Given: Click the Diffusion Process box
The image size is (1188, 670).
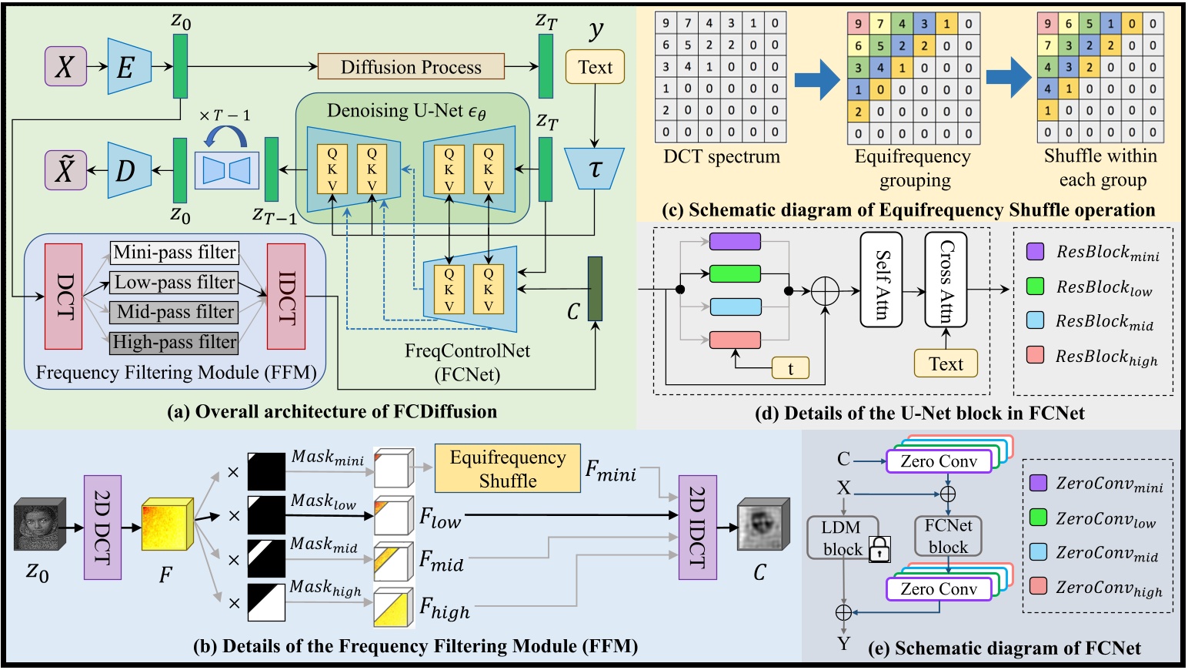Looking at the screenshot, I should [x=411, y=67].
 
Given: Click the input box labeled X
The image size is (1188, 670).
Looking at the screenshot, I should [x=65, y=66].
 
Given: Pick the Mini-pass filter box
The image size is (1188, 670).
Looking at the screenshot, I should [x=175, y=253].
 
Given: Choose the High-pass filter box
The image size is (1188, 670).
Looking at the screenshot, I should [x=175, y=342].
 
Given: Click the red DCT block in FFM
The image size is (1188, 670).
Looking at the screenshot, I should [x=64, y=296].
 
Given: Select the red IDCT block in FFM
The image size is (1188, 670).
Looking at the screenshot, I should [x=286, y=296].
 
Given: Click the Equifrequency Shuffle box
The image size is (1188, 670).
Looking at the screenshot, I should [x=507, y=468].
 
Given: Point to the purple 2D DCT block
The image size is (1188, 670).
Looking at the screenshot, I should [x=102, y=528].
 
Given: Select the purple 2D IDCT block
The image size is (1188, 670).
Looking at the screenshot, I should [x=697, y=528].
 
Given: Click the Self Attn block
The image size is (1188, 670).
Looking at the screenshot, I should [x=881, y=280].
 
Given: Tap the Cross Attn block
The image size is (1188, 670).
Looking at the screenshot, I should [x=946, y=280].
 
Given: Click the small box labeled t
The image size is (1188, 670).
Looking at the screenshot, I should [x=790, y=369].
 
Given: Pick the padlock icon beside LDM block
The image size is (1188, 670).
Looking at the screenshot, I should [x=879, y=549].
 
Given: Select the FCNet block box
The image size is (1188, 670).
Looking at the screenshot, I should [x=948, y=536].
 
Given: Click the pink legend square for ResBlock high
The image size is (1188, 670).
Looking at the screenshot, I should [x=1036, y=355].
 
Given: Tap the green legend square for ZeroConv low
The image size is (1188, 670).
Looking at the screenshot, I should [x=1039, y=518].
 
